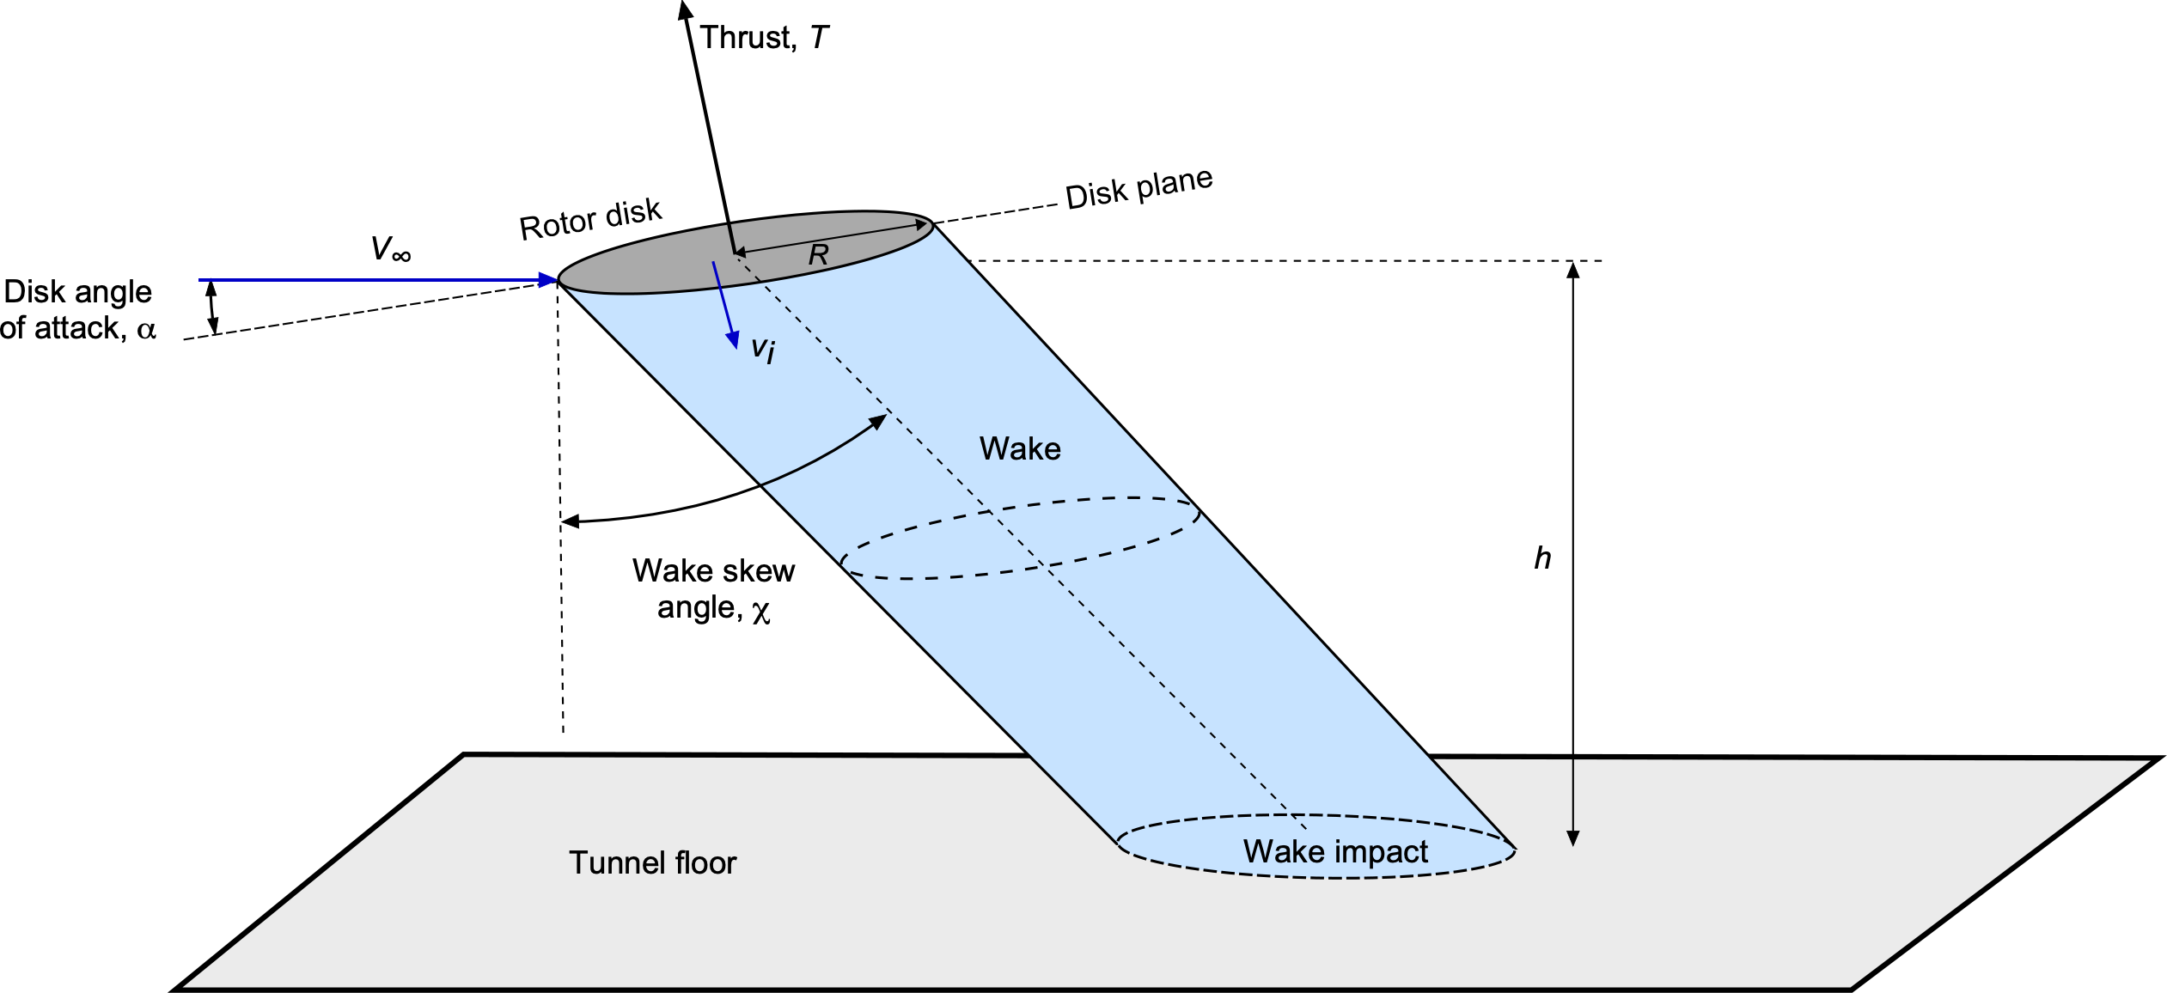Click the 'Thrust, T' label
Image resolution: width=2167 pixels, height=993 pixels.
(763, 38)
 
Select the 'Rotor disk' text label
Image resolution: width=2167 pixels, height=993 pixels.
(590, 220)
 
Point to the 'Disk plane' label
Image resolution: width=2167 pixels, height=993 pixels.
(1138, 187)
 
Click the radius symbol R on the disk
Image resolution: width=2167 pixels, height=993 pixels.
(818, 254)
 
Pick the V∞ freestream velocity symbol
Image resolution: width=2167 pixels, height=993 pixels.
(391, 250)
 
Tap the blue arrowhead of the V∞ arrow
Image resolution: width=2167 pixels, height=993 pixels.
(550, 280)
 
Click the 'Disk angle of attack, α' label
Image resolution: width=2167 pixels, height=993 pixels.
(78, 310)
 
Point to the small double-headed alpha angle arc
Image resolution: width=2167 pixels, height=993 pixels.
(212, 308)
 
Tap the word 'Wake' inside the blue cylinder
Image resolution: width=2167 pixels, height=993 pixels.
(1020, 448)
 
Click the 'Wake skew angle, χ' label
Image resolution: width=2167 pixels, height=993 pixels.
(713, 589)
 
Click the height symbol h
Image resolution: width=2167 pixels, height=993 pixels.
(1542, 558)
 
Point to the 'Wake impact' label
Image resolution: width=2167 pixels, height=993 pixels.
(1335, 851)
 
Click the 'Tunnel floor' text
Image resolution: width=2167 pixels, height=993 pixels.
(652, 862)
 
